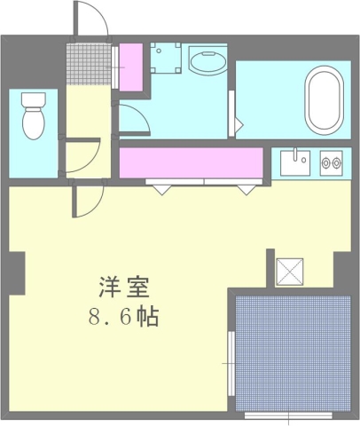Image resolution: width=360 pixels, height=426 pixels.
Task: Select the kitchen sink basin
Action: coord(293,162)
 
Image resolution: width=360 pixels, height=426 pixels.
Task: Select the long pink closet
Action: coord(191,162)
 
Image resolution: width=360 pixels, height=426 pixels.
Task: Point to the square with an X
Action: coord(290,270)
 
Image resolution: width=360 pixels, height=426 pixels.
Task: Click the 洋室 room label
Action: coord(122,288)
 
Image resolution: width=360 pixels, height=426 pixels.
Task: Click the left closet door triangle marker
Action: coord(162,188)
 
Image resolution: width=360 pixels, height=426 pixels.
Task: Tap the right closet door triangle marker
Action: coord(246,188)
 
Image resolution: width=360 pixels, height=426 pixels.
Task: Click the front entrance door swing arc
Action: coord(87,16)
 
